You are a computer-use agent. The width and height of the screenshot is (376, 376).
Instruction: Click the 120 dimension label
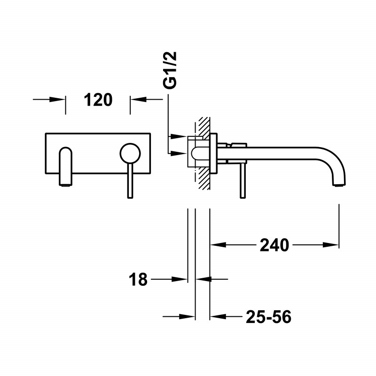(x=98, y=100)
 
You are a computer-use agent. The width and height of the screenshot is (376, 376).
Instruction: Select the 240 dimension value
(x=274, y=245)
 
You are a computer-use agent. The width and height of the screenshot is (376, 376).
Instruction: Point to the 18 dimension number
(x=138, y=280)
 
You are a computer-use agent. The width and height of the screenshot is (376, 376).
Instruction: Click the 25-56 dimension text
(x=268, y=318)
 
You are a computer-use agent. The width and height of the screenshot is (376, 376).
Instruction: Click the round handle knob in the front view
(x=129, y=153)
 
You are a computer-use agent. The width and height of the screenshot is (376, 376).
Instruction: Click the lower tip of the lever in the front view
(x=129, y=195)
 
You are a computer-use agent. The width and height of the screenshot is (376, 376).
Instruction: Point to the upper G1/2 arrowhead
(x=179, y=137)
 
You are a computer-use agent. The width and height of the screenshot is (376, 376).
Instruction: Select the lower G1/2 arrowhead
(x=179, y=153)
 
